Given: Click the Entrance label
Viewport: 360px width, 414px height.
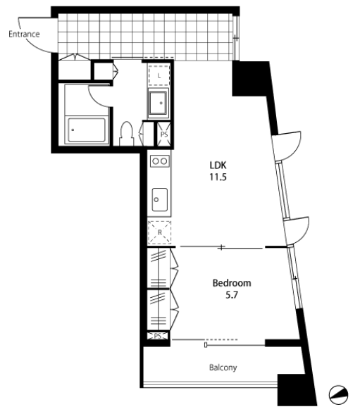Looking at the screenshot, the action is click(24, 34).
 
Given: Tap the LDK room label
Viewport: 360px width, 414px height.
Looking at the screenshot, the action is click(218, 165).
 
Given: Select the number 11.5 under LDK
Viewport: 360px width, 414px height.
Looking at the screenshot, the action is click(218, 177).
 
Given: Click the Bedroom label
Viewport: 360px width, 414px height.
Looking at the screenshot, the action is click(232, 283).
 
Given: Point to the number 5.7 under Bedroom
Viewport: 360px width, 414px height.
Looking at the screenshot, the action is click(232, 294).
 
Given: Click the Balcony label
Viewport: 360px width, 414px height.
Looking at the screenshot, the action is click(223, 368).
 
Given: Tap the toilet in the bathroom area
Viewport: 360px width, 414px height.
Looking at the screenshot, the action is click(127, 133).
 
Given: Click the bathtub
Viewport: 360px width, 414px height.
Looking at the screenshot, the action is click(87, 130).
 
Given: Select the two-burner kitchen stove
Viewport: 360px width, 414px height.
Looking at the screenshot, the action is click(160, 161).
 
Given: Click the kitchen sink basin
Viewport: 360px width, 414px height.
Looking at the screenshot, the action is click(159, 200).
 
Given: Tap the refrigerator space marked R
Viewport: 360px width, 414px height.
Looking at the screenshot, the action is click(159, 232).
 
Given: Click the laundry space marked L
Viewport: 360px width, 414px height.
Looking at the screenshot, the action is click(159, 75).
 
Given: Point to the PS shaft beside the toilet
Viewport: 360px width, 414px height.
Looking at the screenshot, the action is click(164, 134).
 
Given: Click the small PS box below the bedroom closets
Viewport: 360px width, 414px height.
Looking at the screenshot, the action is click(158, 336).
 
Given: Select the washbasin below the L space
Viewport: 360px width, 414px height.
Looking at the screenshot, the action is click(159, 103).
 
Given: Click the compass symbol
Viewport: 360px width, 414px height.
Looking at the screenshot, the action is click(338, 395).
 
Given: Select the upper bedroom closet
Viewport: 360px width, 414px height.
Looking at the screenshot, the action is click(159, 268).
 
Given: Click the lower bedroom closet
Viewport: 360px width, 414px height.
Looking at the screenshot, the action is click(159, 310).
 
